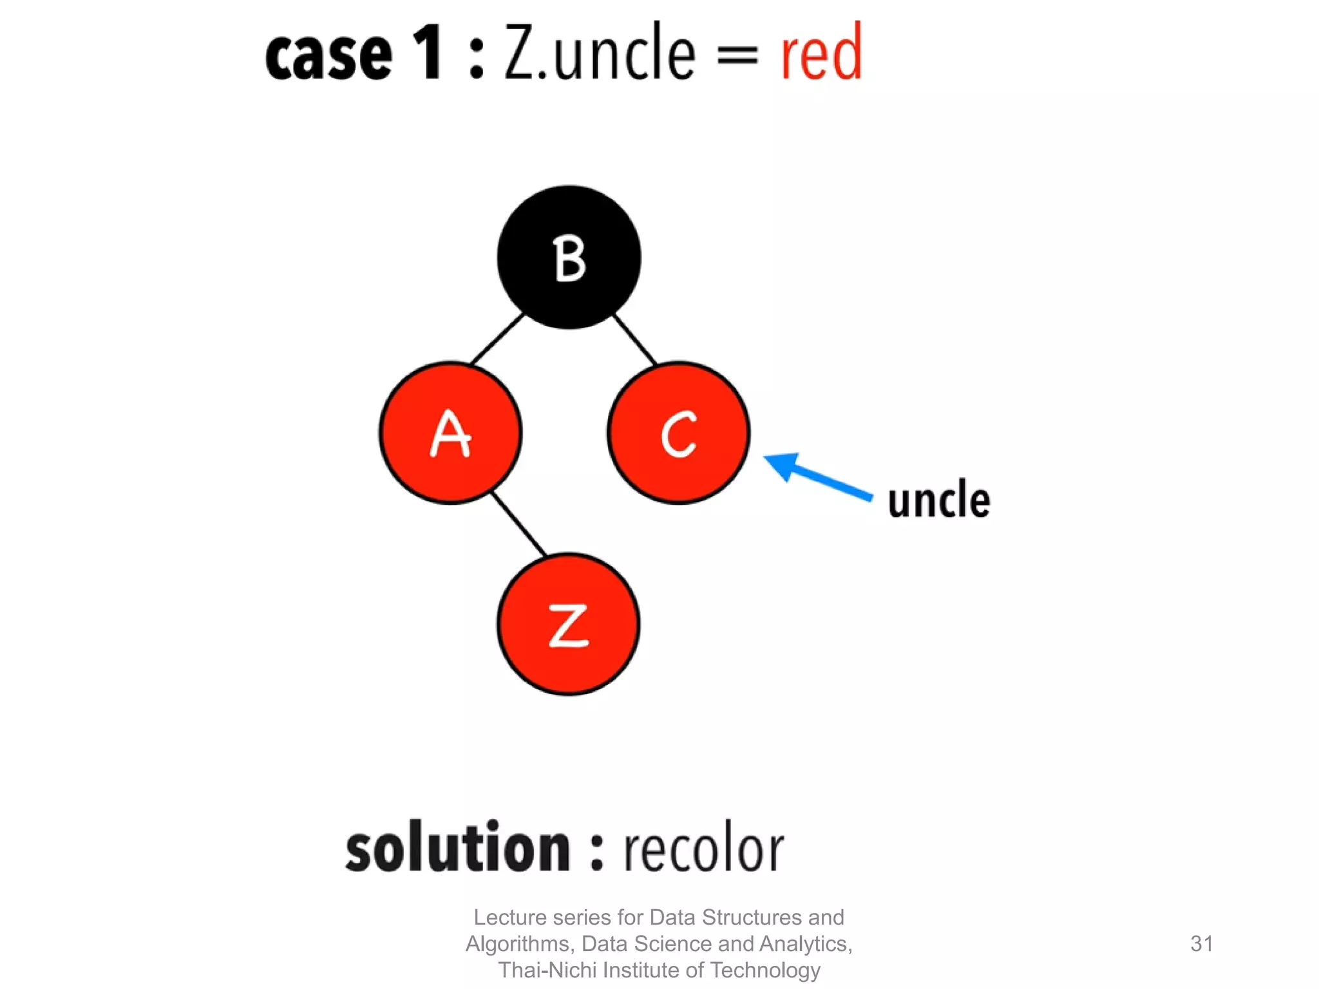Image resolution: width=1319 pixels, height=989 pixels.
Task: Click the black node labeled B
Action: (x=569, y=258)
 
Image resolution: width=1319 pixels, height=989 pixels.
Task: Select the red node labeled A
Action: (x=450, y=433)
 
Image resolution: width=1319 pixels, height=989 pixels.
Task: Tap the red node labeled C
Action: (x=678, y=433)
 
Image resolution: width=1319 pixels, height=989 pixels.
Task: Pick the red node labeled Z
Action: (x=568, y=624)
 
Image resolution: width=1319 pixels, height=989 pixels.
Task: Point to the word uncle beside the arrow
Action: (x=938, y=500)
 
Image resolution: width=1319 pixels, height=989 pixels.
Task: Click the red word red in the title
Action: (x=821, y=53)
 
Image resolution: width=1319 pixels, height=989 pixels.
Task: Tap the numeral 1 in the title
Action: (x=427, y=53)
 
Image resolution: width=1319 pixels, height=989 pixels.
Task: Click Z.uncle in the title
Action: (x=599, y=53)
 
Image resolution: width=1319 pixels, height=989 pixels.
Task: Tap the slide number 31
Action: (x=1202, y=943)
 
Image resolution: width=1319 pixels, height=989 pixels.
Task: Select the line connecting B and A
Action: (x=497, y=339)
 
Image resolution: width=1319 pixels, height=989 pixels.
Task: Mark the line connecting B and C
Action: (x=634, y=339)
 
